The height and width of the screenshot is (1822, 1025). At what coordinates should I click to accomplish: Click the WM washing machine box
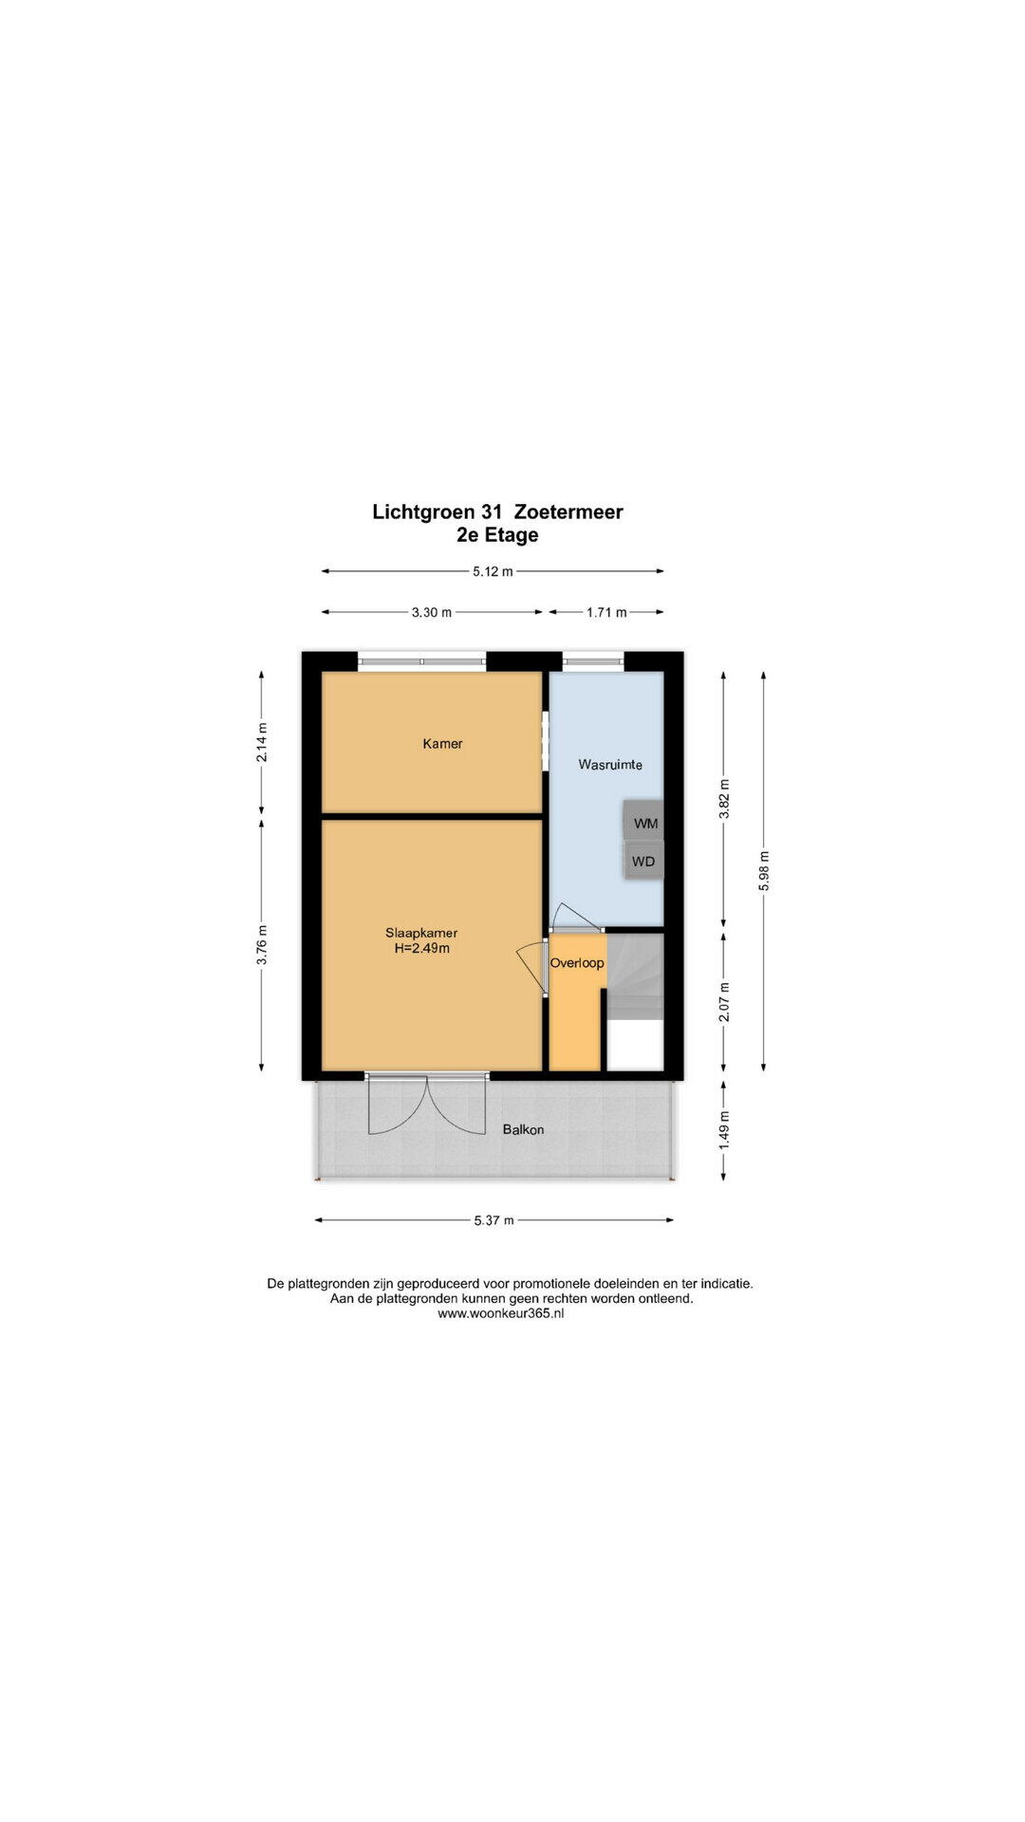point(643,822)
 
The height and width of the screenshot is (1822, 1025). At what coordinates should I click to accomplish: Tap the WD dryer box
point(643,862)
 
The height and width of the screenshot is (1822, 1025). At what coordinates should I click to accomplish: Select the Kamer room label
point(442,744)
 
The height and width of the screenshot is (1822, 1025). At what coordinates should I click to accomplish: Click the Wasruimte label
point(610,764)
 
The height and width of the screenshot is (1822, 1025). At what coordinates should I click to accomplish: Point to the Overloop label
point(577,963)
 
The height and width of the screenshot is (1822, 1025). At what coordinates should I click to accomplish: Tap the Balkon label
point(523,1129)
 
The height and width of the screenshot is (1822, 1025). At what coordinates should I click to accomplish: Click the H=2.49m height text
point(421,948)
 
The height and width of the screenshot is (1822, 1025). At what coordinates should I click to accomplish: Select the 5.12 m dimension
point(493,571)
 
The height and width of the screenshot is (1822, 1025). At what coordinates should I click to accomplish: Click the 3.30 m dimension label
point(431,612)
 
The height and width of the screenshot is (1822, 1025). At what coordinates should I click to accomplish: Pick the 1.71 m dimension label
point(606,612)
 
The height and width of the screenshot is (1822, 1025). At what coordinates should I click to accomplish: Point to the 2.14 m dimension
point(263,742)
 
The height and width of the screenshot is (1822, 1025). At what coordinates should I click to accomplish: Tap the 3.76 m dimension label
point(263,944)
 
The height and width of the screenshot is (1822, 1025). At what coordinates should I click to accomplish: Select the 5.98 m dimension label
point(764,870)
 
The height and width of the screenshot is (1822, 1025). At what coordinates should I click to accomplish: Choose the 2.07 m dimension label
point(724,1002)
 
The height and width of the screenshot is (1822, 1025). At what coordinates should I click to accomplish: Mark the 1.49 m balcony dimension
point(724,1130)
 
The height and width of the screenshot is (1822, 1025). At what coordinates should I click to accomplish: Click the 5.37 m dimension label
point(494,1220)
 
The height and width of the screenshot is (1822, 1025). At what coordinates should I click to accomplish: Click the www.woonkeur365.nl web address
point(501,1313)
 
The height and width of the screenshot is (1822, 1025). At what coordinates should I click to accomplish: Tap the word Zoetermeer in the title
point(568,511)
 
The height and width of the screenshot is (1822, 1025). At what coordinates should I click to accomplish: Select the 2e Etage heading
point(497,534)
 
